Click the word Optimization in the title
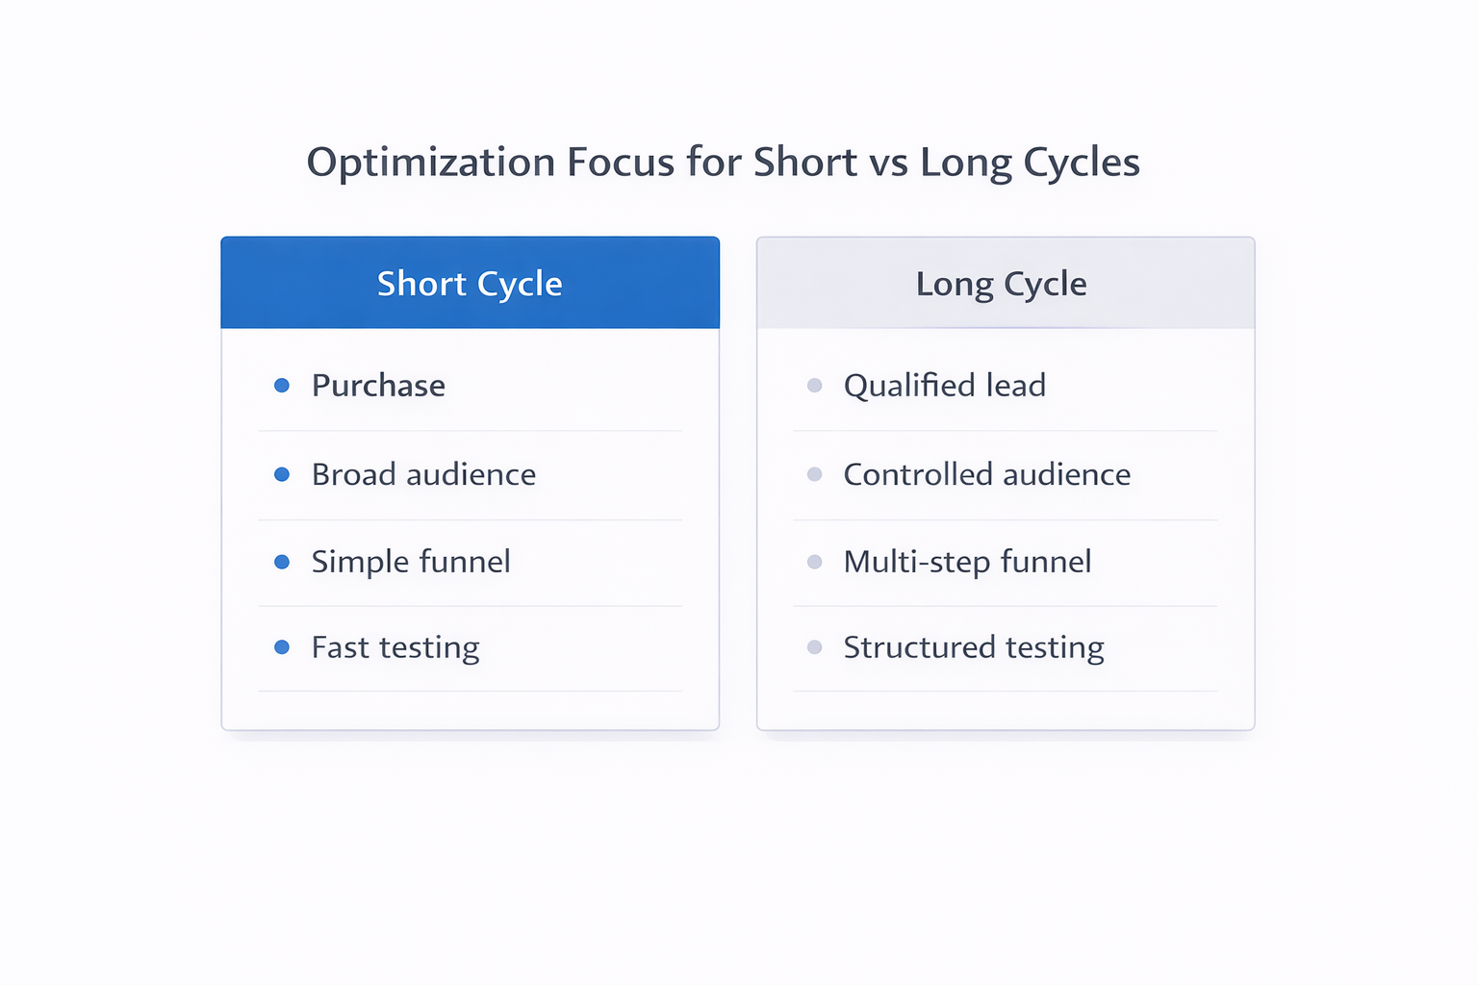430,163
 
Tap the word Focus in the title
621,163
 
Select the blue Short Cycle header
470,284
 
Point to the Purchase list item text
378,386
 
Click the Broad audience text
423,474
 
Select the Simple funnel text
411,562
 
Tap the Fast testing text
395,647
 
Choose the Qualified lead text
944,386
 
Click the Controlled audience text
986,474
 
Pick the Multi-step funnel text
967,562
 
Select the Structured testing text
974,647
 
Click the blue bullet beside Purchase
282,386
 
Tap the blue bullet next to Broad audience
282,474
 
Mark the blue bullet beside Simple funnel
282,562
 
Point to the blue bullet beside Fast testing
282,647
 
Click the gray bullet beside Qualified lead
815,386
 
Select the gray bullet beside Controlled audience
815,474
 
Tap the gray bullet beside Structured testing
815,647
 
